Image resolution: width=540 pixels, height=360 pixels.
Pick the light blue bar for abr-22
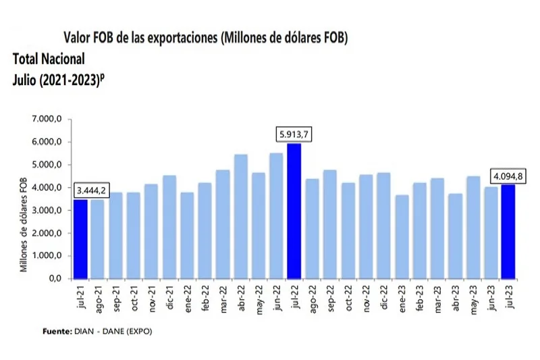pyautogui.click(x=240, y=216)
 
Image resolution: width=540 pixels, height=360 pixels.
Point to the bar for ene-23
pyautogui.click(x=400, y=236)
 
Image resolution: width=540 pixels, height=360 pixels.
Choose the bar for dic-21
pyautogui.click(x=169, y=226)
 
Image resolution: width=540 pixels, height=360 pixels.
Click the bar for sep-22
pyautogui.click(x=329, y=224)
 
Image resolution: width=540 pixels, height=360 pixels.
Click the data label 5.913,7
pyautogui.click(x=294, y=134)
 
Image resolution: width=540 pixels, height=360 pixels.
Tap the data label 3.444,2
pyautogui.click(x=90, y=190)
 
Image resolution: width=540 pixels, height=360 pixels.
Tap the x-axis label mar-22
pyautogui.click(x=223, y=297)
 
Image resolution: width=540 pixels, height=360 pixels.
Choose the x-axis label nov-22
pyautogui.click(x=365, y=297)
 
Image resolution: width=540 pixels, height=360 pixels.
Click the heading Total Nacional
pyautogui.click(x=48, y=58)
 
